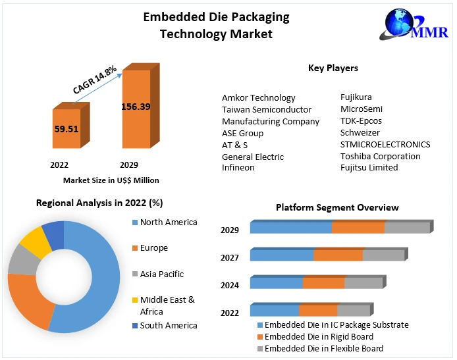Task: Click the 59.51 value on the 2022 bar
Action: [x=67, y=129]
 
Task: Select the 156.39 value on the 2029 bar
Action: [x=136, y=107]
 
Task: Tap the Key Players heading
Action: [x=333, y=68]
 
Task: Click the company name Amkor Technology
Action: [x=258, y=97]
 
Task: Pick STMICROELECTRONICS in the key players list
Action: [x=385, y=144]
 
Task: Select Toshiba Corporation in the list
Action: [x=380, y=156]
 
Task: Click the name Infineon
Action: [x=238, y=167]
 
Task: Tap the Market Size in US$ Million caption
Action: [x=111, y=180]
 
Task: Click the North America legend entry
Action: [x=169, y=222]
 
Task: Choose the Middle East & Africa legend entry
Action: [x=167, y=305]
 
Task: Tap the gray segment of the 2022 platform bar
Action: [x=354, y=311]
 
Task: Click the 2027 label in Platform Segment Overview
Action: [x=230, y=257]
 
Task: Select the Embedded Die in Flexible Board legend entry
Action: [x=324, y=348]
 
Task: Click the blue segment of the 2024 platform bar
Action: [x=276, y=283]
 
